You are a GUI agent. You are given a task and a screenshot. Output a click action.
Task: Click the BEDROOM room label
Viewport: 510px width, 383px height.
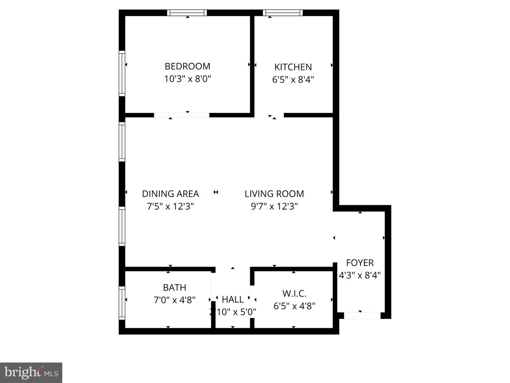click(187, 66)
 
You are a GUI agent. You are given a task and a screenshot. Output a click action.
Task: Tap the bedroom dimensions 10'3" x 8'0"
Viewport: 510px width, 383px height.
click(187, 79)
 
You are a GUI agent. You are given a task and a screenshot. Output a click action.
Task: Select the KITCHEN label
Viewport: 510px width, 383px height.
click(293, 67)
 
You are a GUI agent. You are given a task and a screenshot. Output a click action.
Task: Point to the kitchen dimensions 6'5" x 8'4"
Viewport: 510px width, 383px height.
click(293, 79)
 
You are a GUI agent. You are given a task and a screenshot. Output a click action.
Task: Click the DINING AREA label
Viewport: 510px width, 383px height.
click(170, 194)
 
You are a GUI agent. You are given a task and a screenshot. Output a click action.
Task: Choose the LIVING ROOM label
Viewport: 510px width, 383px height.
click(274, 194)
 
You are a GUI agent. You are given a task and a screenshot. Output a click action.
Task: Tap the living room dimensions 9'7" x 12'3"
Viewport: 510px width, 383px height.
click(274, 206)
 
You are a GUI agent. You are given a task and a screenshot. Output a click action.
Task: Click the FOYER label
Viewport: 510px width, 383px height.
click(360, 263)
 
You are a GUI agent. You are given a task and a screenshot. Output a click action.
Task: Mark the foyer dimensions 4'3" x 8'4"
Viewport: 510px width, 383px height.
click(360, 275)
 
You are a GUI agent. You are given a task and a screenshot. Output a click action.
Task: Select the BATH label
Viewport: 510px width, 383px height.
click(175, 287)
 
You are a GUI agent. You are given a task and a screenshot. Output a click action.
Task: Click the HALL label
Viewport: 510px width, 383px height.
click(233, 300)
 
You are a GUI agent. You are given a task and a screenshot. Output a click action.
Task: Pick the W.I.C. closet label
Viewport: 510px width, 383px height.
click(294, 294)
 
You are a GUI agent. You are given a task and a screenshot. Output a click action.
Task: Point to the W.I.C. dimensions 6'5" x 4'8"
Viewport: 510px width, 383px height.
click(294, 306)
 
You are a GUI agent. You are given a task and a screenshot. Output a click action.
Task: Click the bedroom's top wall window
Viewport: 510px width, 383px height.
click(187, 13)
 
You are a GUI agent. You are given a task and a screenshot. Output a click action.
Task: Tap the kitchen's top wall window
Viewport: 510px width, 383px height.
click(283, 13)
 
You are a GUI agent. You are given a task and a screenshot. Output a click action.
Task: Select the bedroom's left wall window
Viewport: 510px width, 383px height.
click(122, 73)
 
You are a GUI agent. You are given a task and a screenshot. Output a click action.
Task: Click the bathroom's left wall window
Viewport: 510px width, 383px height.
click(122, 303)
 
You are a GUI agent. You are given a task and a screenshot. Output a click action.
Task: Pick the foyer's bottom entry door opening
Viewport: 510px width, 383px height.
click(362, 315)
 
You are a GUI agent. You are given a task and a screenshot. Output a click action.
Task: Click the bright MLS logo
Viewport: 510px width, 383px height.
click(31, 372)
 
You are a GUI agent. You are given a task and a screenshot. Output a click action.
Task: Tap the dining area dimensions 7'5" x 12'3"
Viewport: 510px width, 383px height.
click(170, 206)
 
